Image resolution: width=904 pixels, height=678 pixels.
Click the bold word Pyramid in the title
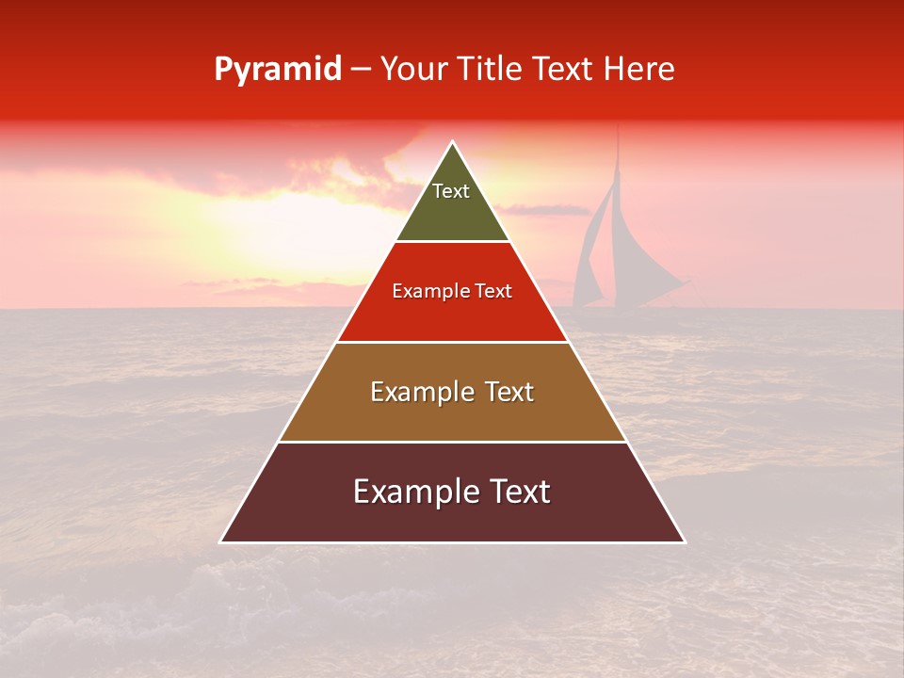coord(277,70)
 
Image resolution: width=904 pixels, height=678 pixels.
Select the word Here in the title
coord(638,70)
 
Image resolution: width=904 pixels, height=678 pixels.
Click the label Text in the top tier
coord(451,191)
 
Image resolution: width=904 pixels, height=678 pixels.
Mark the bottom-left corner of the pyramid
coord(221,541)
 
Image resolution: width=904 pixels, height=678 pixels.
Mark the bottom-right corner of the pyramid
coord(684,541)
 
